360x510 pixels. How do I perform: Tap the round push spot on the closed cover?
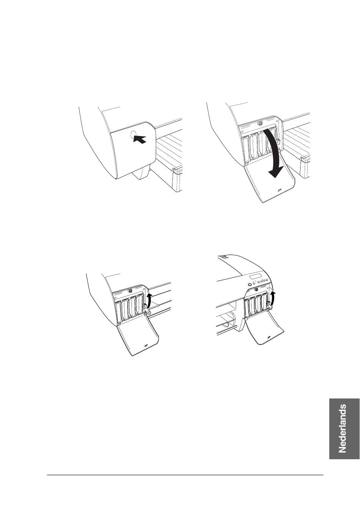(133, 135)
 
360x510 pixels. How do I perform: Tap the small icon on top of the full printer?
(224, 257)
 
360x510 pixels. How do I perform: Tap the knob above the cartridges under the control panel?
(257, 289)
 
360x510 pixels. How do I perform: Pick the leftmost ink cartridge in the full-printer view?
(246, 308)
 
